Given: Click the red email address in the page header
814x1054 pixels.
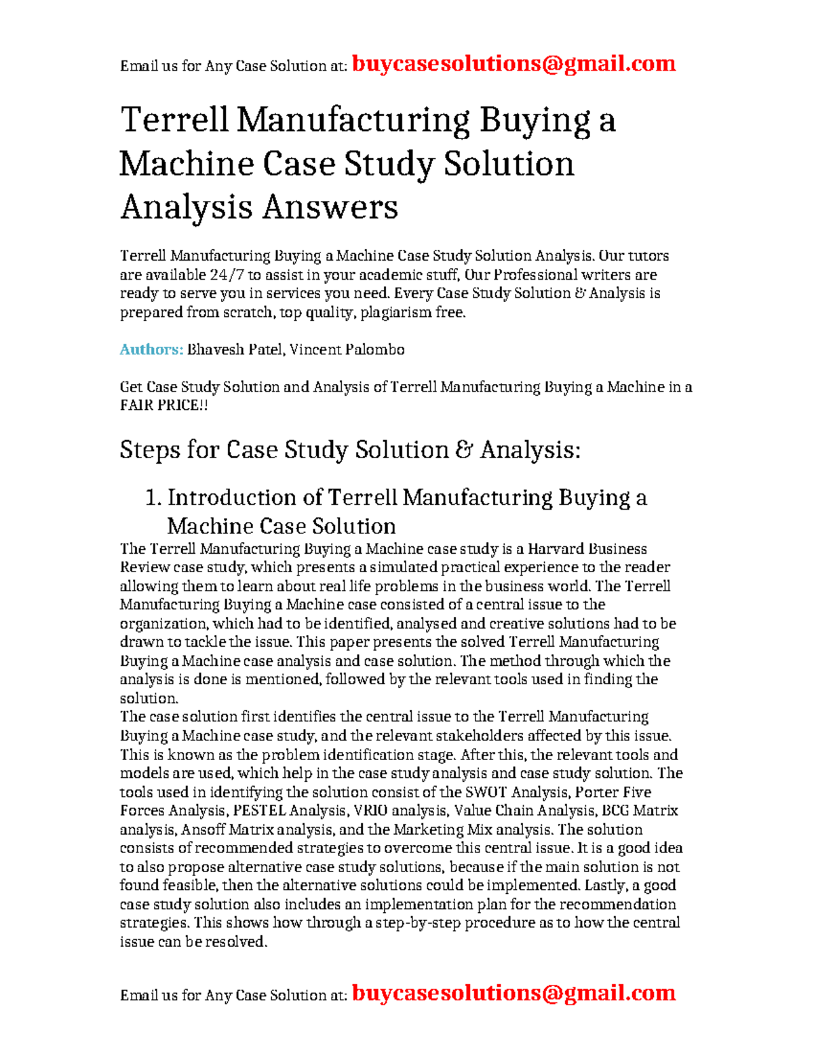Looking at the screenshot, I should click(514, 64).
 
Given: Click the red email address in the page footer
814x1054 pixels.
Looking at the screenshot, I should click(514, 993).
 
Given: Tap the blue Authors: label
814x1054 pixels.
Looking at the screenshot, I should click(151, 350).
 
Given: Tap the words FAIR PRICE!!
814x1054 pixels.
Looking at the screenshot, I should click(163, 405).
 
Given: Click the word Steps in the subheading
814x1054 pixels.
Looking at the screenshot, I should click(150, 450).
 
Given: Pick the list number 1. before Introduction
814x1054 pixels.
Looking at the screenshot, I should click(153, 498).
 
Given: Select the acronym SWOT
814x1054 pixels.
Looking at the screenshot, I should click(486, 792).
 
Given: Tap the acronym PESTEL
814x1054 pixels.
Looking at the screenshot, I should click(259, 810).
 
